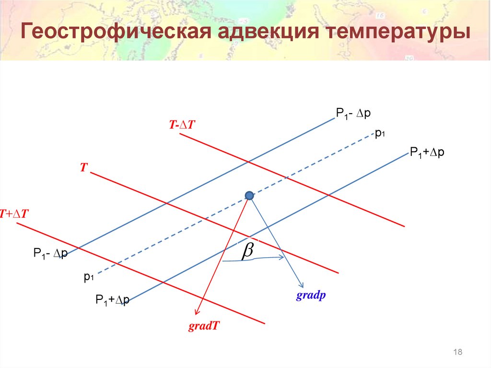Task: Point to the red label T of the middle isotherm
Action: (x=83, y=167)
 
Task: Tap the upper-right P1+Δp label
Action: (x=427, y=152)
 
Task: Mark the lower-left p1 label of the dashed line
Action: (x=88, y=276)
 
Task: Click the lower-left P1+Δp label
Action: (x=112, y=301)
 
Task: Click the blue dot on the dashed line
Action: (x=249, y=195)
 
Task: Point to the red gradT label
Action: (x=204, y=326)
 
